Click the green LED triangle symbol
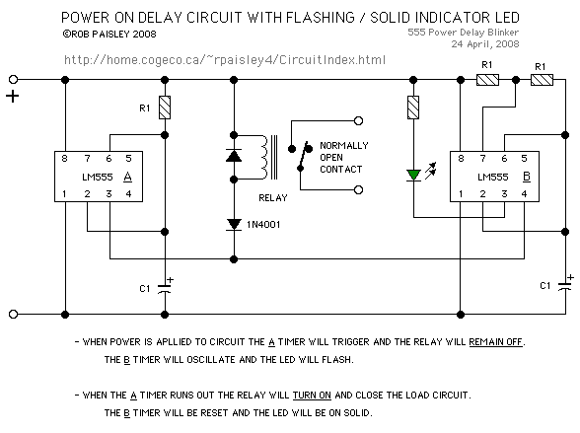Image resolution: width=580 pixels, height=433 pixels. (413, 175)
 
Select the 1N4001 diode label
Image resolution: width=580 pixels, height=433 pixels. (263, 225)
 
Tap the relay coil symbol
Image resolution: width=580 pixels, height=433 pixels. (264, 157)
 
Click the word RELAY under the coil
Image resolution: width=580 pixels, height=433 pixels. (273, 198)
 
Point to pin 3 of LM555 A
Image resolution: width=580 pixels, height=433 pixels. (109, 193)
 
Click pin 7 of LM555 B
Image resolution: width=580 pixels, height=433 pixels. (482, 158)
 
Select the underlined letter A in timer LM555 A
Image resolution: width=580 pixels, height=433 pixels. (127, 178)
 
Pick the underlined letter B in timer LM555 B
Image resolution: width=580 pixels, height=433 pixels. (527, 178)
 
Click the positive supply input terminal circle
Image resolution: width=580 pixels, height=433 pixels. (14, 79)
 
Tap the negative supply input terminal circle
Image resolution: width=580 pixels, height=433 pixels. (14, 314)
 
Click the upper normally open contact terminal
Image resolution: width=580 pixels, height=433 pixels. (358, 120)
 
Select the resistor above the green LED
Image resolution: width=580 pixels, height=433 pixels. (413, 108)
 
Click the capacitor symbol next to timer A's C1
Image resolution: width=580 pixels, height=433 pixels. (165, 288)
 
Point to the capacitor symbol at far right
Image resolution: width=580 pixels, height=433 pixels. (565, 285)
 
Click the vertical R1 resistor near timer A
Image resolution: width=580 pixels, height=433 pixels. (165, 108)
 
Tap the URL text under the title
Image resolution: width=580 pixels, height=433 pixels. (225, 59)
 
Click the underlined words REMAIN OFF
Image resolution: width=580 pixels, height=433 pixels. (495, 341)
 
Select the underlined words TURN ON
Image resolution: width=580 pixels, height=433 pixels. (312, 395)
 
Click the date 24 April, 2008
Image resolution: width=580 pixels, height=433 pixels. (485, 44)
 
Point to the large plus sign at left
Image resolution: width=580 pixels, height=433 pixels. (13, 97)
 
